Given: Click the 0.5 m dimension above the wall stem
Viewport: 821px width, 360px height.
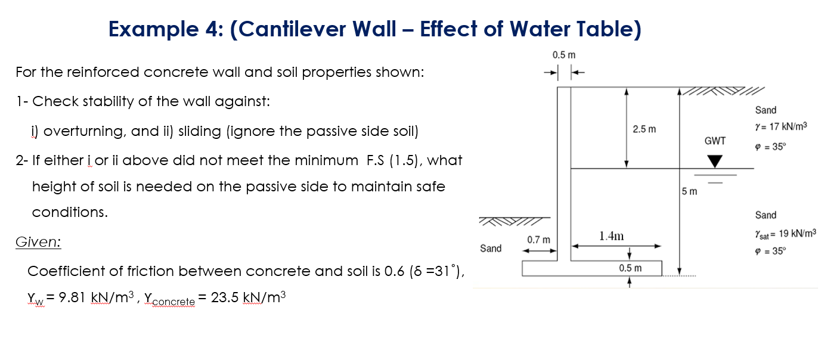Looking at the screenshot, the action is (563, 55).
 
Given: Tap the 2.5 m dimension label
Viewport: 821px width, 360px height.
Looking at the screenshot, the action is (645, 129).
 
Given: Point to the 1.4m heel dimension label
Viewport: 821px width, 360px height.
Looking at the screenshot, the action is (611, 236).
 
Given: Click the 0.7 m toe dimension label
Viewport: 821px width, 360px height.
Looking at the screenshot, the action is (538, 240).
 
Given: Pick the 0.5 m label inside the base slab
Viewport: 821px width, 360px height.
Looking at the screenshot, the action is (629, 268).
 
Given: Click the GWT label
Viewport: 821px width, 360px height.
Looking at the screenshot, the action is (715, 141).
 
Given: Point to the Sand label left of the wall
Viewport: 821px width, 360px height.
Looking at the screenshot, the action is (491, 248).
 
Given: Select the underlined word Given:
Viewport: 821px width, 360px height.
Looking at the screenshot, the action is (38, 243).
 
